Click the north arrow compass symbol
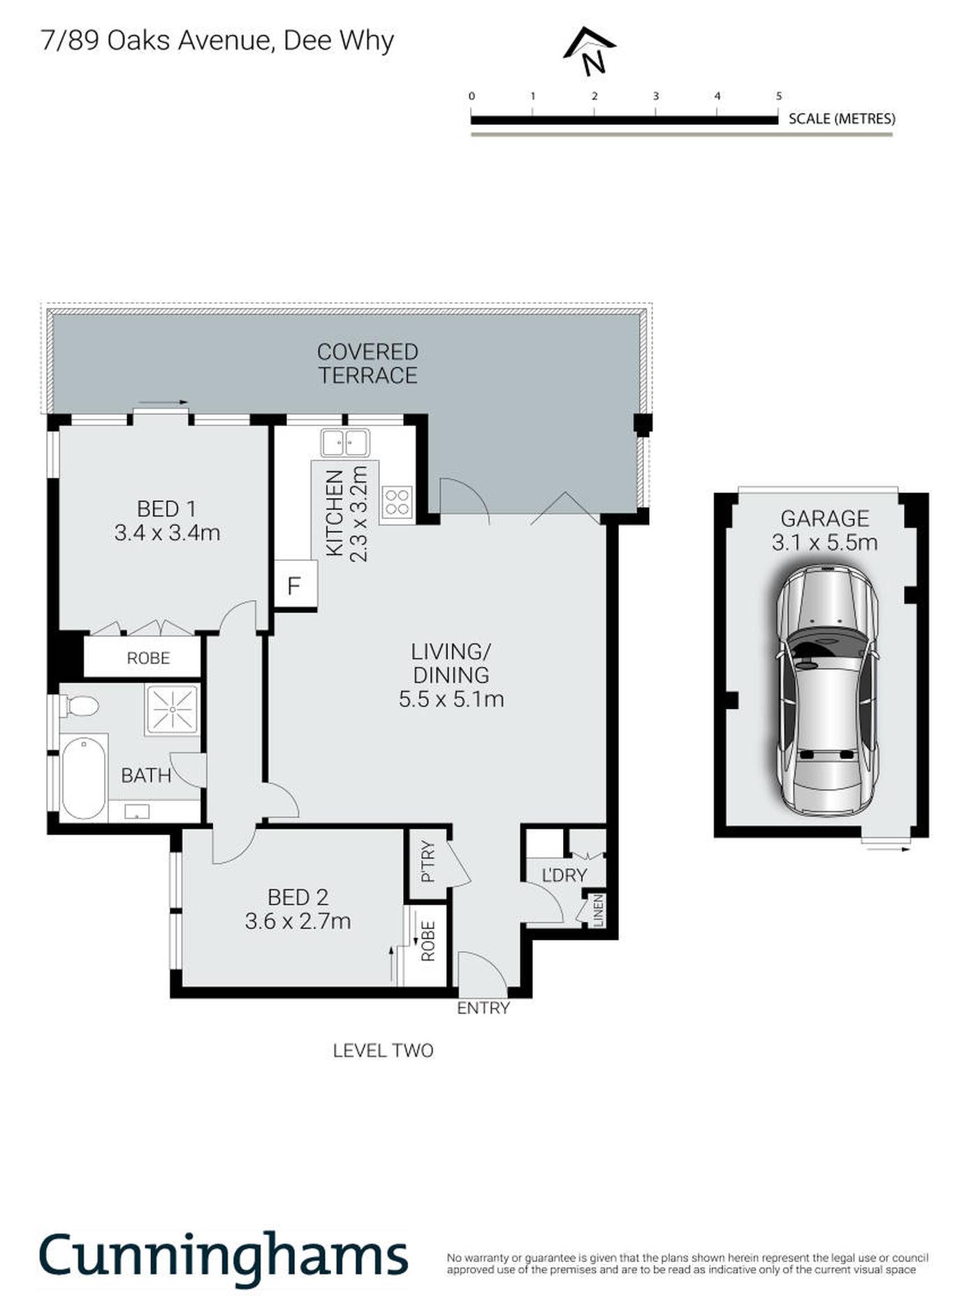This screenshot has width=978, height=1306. [x=590, y=51]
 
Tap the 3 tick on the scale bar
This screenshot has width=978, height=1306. [x=656, y=96]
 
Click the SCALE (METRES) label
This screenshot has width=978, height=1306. [x=842, y=119]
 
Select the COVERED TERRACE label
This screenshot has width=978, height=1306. [x=367, y=363]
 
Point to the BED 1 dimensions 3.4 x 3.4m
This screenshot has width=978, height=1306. [x=167, y=533]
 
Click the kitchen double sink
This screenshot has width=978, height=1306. [x=345, y=443]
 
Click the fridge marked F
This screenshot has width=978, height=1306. [x=295, y=584]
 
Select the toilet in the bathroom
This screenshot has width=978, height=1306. [x=79, y=705]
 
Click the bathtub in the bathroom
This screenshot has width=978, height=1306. [x=84, y=777]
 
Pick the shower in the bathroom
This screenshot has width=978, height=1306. [x=172, y=710]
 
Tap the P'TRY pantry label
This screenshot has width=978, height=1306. [x=428, y=861]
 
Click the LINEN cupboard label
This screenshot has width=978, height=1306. [x=598, y=911]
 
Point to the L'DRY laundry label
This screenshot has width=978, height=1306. [x=564, y=875]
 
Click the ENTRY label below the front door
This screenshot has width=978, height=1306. [x=483, y=1008]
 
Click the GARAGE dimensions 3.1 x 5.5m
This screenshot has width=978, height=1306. [x=824, y=543]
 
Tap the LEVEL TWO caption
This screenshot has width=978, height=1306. [x=383, y=1050]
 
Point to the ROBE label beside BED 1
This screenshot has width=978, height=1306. [x=148, y=658]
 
